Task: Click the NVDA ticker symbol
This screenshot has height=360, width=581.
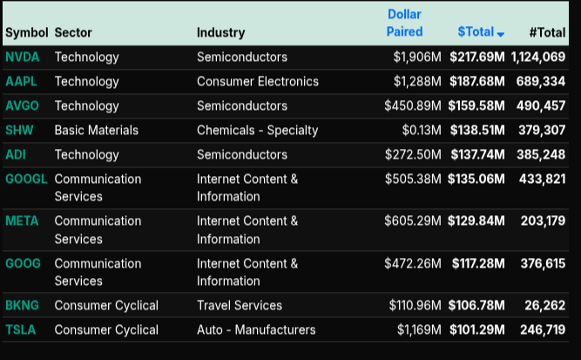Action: pos(22,58)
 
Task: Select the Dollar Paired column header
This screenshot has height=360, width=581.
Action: pos(404,24)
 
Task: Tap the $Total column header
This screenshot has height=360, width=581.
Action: pos(476,32)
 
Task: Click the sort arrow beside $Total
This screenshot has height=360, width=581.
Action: pos(501,34)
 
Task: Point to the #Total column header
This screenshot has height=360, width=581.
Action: pos(547,32)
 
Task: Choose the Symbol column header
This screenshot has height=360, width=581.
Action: pos(26,32)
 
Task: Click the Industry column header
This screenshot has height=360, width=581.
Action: pos(220,32)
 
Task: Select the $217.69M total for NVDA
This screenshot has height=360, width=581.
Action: pos(476,58)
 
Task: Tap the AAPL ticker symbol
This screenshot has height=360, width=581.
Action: pos(21,81)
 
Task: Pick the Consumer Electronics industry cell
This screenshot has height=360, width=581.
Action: pos(258,81)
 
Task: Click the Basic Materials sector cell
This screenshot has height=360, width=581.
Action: pos(96,130)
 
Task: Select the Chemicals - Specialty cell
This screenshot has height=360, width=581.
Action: pos(257,130)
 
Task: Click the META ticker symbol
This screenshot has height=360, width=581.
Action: pos(22,221)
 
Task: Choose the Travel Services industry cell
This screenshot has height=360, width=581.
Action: pos(240,305)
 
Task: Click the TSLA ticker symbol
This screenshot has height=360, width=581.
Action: pos(21,329)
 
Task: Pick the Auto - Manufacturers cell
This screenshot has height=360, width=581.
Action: pos(256,329)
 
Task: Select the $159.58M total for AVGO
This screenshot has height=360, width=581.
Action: pos(476,105)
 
